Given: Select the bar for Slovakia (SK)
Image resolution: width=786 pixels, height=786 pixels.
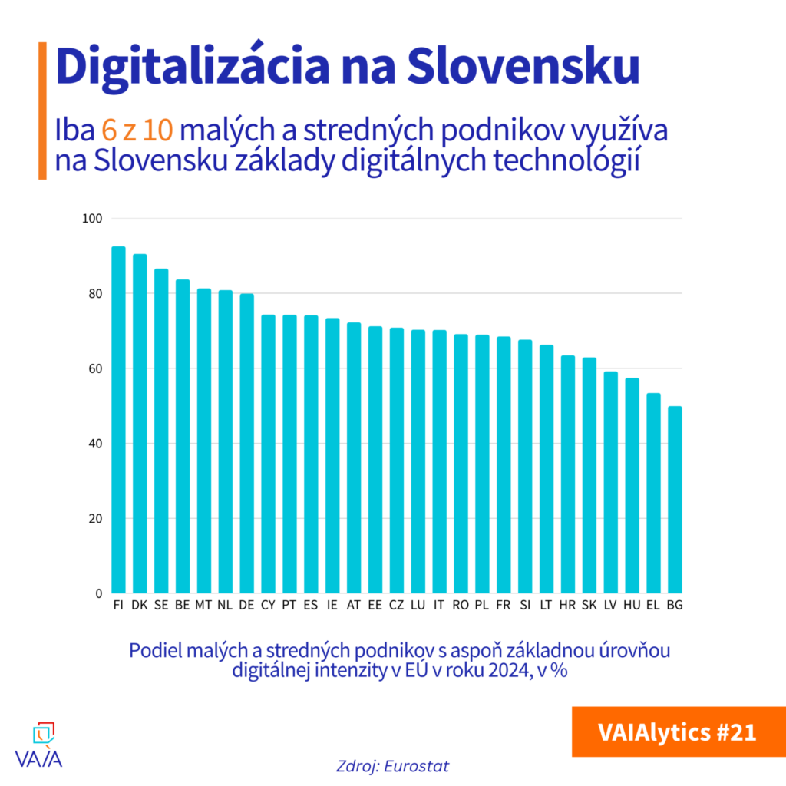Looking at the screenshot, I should [x=589, y=475].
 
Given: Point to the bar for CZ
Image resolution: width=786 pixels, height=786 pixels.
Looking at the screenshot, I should [x=397, y=461].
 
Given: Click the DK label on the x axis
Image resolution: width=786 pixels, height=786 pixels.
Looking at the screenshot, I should [x=140, y=605].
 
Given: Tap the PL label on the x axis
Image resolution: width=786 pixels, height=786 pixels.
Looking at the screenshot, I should [x=482, y=605].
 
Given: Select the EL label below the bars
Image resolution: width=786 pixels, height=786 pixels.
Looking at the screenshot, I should [x=653, y=605].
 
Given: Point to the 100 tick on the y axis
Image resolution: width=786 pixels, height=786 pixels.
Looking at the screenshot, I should [x=91, y=219].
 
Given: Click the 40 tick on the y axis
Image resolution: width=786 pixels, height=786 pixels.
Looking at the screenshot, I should [x=95, y=444].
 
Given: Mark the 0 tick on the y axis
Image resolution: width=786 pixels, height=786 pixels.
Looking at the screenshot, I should [x=98, y=593].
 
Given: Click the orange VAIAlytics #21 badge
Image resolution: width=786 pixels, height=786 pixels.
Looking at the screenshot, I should [x=678, y=732].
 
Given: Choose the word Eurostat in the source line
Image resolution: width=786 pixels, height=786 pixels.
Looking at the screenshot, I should [x=418, y=766].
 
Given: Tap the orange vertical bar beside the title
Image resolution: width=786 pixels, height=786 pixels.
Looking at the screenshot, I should [x=42, y=111].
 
